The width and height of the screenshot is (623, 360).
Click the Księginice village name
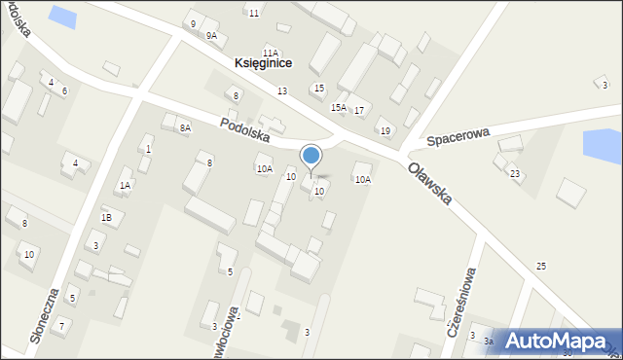[x=263, y=63]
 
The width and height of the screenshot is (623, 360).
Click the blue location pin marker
[x=311, y=157]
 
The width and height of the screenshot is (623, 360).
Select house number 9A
[x=211, y=36]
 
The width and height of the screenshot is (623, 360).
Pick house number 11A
[x=270, y=53]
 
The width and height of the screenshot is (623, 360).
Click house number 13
[x=281, y=90]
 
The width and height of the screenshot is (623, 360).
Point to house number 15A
[x=339, y=107]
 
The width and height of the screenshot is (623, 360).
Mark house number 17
[x=358, y=110]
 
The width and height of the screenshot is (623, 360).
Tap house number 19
[x=385, y=131]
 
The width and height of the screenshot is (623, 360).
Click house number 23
[x=515, y=173]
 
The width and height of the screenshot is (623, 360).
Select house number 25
[x=541, y=266]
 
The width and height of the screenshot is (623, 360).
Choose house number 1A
[x=125, y=185]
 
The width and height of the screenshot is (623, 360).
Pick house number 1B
[x=107, y=218]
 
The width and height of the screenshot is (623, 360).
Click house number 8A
[x=185, y=127]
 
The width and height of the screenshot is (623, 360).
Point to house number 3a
[x=489, y=341]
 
